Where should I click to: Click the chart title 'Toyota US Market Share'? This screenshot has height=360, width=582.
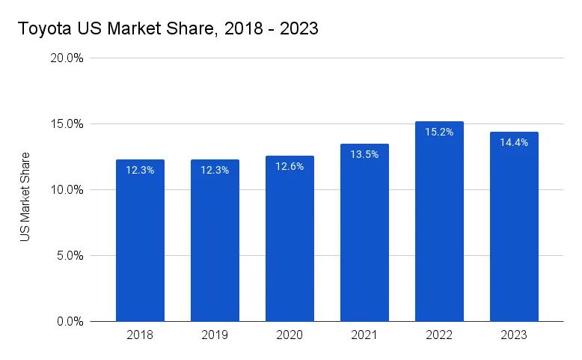click(x=168, y=30)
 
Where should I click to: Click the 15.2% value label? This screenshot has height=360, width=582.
click(x=439, y=132)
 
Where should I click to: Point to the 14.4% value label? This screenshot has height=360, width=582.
click(x=514, y=142)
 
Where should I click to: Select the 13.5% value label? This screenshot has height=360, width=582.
click(x=364, y=154)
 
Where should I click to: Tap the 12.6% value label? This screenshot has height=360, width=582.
click(x=290, y=166)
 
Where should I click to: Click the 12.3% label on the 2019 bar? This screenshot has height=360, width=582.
click(x=215, y=170)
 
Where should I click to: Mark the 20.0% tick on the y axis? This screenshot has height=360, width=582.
click(x=66, y=58)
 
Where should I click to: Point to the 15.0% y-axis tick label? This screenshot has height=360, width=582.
click(x=66, y=124)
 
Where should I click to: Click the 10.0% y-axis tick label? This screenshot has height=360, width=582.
click(x=66, y=190)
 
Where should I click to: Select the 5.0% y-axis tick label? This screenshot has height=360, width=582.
click(x=69, y=256)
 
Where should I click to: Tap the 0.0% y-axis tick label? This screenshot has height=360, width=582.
click(x=69, y=322)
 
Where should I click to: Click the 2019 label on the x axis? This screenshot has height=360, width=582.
click(x=215, y=335)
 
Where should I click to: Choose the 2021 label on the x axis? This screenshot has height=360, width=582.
click(x=364, y=335)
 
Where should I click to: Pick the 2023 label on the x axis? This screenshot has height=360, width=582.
click(x=514, y=335)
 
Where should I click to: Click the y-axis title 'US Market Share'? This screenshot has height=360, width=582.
click(x=25, y=196)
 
